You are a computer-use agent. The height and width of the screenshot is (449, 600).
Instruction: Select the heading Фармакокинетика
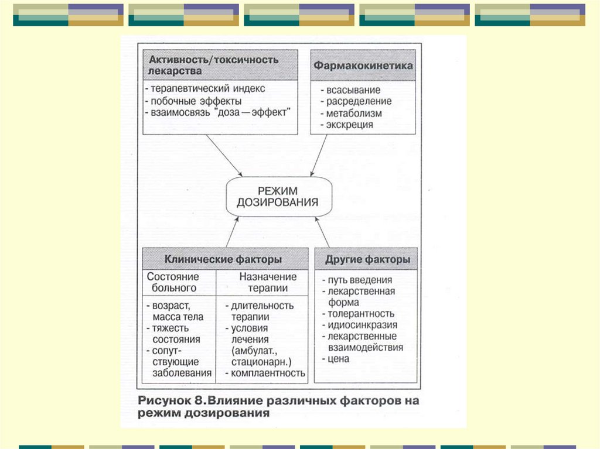tap(363, 66)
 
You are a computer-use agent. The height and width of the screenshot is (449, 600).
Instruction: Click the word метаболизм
tap(354, 113)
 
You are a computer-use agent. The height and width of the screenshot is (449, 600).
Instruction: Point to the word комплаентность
tap(268, 372)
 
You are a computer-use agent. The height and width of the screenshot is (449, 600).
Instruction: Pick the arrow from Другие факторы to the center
tap(323, 232)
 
